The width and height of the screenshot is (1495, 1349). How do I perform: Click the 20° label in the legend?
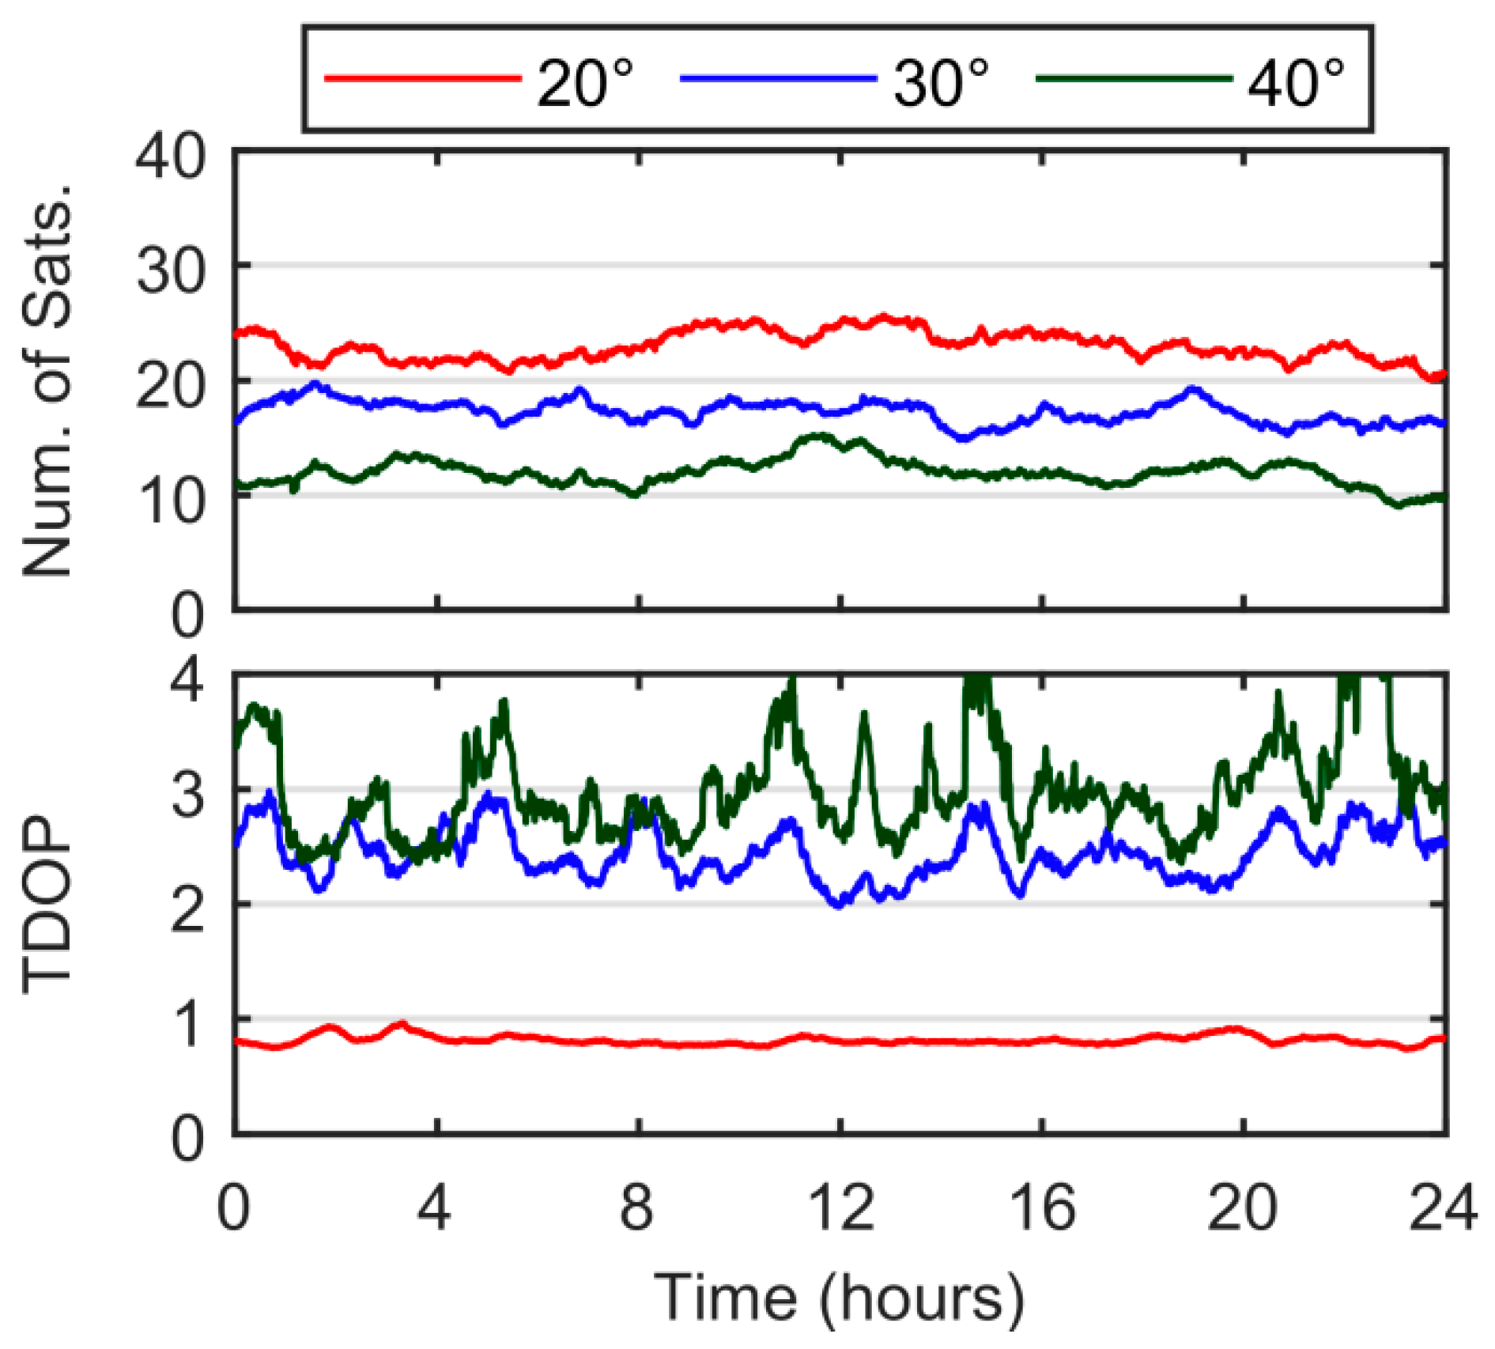tap(585, 83)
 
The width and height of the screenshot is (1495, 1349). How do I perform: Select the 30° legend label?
tap(941, 83)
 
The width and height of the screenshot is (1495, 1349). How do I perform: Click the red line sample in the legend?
tap(423, 77)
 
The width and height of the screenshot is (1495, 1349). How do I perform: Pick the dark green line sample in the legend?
tap(1134, 77)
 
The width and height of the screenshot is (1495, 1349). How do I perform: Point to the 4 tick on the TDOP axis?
tap(188, 678)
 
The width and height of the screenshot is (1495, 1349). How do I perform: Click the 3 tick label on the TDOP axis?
tap(188, 795)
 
